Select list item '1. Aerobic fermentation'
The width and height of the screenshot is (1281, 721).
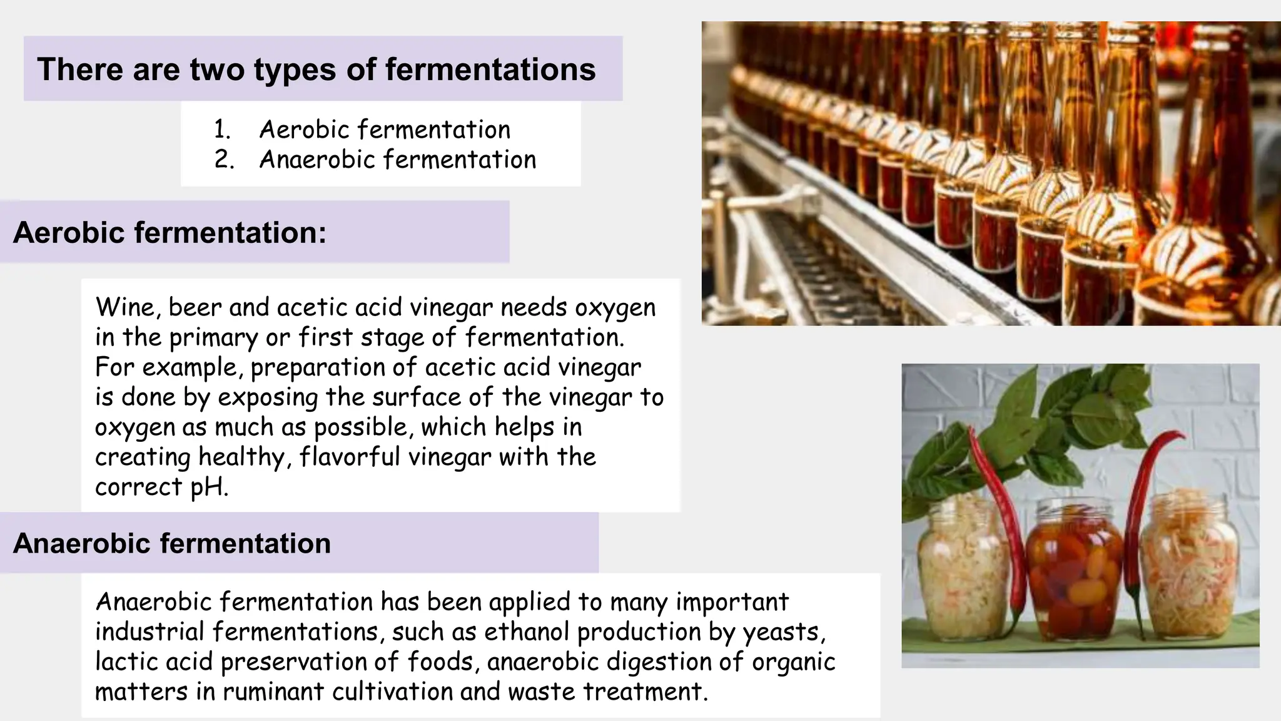(x=362, y=130)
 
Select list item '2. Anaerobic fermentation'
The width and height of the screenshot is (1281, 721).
(x=375, y=160)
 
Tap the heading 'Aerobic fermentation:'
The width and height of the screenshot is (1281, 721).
(x=170, y=232)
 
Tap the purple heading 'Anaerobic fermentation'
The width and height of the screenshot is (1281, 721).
(x=171, y=543)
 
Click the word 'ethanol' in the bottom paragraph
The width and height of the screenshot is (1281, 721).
(x=527, y=632)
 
